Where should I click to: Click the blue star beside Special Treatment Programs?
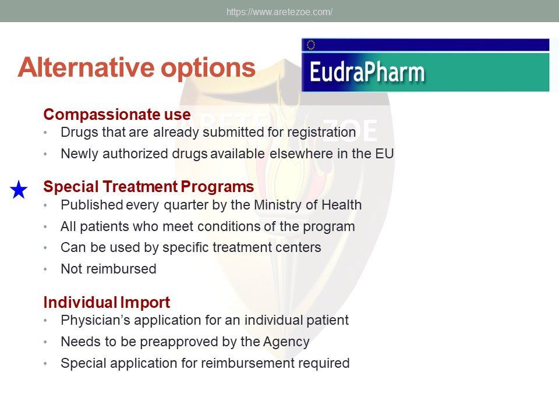click(19, 189)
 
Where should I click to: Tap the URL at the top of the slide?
click(279, 12)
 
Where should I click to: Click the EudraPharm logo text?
click(367, 72)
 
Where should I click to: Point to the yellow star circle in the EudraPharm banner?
click(311, 45)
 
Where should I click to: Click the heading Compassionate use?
click(117, 115)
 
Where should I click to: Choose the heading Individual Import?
click(107, 302)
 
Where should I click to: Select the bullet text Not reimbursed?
click(108, 269)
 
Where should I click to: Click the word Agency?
click(286, 342)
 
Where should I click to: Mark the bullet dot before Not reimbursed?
click(45, 269)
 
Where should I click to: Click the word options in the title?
click(208, 68)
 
